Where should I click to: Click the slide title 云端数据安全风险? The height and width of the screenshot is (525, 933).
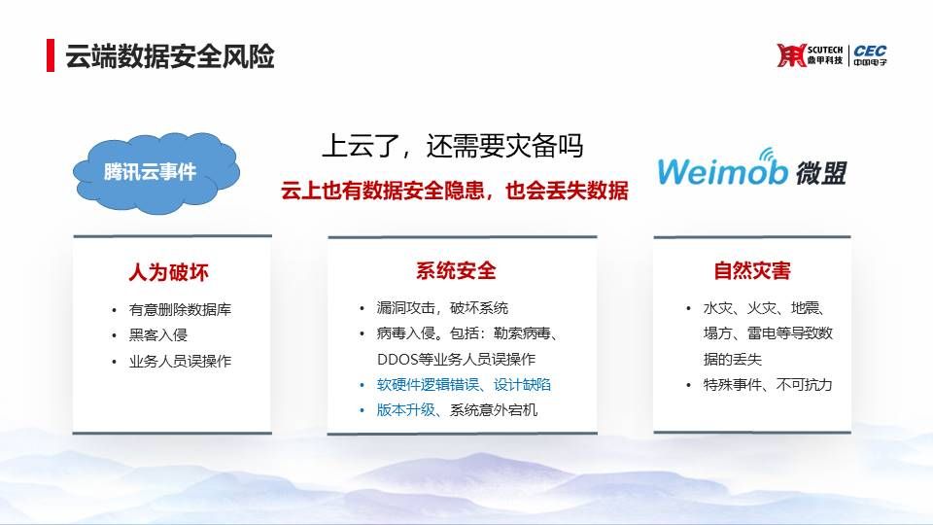click(169, 56)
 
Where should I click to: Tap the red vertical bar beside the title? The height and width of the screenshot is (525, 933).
click(51, 55)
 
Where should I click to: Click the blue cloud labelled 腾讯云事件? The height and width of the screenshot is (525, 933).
click(155, 173)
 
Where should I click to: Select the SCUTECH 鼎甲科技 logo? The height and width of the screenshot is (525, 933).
click(810, 55)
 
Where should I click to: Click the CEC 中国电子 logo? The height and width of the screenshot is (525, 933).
click(870, 55)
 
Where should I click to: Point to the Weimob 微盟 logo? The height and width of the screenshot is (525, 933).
click(751, 169)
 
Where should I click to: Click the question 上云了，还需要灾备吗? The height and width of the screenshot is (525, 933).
click(453, 147)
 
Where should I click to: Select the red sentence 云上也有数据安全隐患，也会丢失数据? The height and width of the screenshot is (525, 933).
click(455, 191)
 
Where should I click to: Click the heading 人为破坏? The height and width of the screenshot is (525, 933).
click(169, 272)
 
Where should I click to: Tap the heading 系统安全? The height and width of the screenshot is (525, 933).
click(456, 271)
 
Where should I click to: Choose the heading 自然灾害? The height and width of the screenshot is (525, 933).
click(752, 271)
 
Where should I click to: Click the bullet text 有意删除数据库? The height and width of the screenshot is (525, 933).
click(180, 309)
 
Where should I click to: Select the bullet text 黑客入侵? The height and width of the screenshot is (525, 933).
click(158, 335)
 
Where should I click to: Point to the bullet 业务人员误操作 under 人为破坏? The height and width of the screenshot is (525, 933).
click(180, 362)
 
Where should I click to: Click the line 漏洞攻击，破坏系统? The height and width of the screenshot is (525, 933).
click(442, 308)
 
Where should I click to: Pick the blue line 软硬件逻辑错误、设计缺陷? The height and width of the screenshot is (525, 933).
click(464, 385)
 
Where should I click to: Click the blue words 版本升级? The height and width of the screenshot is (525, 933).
click(405, 410)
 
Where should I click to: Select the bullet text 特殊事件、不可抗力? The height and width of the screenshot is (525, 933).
click(768, 385)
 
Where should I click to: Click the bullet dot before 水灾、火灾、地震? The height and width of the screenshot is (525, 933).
click(688, 308)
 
